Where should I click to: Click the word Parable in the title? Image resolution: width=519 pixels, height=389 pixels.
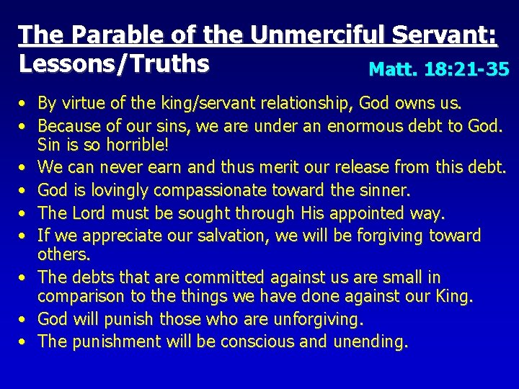pyautogui.click(x=94, y=35)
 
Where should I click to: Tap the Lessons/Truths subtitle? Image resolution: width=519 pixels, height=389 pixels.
pyautogui.click(x=114, y=64)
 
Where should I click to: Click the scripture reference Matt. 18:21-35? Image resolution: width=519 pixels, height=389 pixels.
pyautogui.click(x=438, y=69)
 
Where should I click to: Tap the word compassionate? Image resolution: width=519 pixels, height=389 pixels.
pyautogui.click(x=196, y=191)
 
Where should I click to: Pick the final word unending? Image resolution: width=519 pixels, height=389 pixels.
pyautogui.click(x=370, y=341)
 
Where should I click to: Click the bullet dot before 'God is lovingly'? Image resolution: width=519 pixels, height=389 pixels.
pyautogui.click(x=24, y=191)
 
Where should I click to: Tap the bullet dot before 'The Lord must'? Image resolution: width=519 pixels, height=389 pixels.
pyautogui.click(x=24, y=213)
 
